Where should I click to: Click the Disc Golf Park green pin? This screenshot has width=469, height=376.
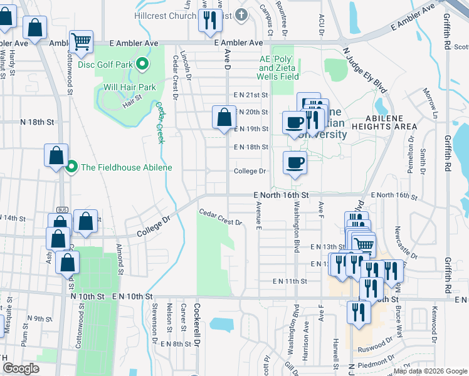pos(142,64)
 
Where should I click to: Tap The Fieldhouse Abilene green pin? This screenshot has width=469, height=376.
pos(71,167)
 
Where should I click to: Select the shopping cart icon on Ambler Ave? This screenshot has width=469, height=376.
pos(82,42)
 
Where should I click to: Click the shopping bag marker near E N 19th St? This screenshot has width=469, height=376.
pos(224,117)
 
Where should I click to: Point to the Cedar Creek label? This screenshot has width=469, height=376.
pos(159,123)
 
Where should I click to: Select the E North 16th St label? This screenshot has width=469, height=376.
pos(282,196)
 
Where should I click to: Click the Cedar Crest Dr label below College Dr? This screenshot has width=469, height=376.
pos(221,217)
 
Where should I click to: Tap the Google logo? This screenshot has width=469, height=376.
pos(21,368)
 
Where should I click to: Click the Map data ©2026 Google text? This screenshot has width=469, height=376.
pos(429,371)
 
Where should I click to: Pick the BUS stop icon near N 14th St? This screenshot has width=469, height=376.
pos(61,210)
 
